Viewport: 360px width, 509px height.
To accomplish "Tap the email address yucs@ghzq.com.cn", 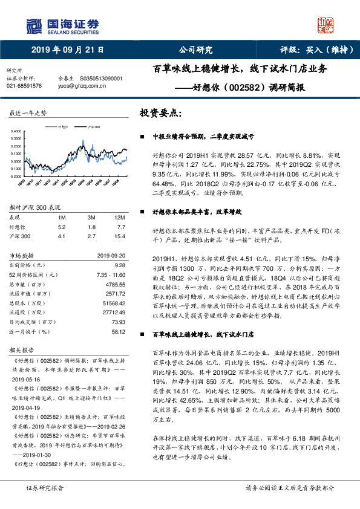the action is tap(82, 86).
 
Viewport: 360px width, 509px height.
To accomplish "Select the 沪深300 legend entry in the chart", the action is tap(93, 128).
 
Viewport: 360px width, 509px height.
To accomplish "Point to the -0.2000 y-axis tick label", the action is tap(18, 176).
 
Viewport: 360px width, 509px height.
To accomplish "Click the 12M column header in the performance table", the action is tap(119, 216).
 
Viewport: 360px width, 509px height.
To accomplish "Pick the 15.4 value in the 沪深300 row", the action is tap(119, 236).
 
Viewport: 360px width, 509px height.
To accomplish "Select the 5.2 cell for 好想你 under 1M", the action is tap(61, 226).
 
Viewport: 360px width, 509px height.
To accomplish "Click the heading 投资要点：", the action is tap(161, 113).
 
